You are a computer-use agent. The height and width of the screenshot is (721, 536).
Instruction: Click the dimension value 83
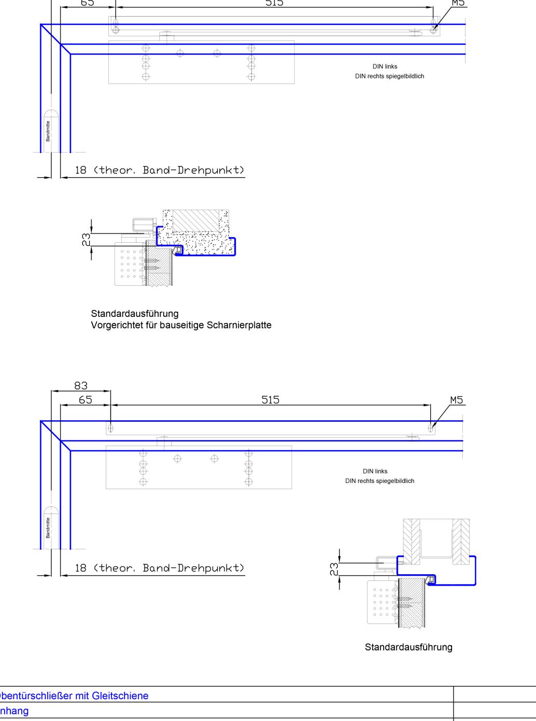81,385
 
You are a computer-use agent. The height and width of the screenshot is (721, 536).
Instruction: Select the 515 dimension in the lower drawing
270,399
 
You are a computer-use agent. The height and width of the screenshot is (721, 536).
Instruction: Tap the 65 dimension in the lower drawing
86,399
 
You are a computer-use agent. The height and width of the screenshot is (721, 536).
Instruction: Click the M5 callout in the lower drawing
456,399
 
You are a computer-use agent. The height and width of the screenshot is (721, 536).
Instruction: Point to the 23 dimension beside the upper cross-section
87,239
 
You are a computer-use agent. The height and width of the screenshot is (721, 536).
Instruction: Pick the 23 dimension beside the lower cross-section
334,569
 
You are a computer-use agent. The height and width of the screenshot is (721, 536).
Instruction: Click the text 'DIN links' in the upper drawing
385,66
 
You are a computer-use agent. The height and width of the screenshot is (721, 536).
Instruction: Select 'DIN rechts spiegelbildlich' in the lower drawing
379,481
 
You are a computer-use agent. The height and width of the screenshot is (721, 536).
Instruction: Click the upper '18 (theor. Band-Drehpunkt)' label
159,170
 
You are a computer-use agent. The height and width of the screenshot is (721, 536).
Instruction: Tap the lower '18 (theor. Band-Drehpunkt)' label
159,568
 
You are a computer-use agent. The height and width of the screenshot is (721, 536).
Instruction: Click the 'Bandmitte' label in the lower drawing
48,528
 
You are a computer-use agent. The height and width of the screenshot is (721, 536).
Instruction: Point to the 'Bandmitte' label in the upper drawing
48,131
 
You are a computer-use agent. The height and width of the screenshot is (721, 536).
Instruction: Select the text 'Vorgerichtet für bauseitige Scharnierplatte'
181,325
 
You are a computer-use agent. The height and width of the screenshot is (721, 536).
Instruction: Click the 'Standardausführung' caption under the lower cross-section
408,647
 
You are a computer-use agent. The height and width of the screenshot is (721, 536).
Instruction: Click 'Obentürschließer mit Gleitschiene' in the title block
74,696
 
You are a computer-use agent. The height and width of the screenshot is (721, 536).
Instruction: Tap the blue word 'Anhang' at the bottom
14,711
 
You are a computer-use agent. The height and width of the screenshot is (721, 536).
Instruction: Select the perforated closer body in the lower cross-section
381,602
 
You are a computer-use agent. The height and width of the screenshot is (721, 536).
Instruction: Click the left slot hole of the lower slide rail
110,428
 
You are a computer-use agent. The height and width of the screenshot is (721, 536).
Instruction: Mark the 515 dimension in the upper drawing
274,3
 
